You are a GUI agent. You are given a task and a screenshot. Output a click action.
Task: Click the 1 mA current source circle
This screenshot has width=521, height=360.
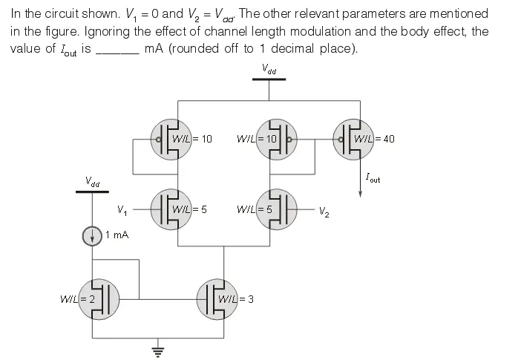91,237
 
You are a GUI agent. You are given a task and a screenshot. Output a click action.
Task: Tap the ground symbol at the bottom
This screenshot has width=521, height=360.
157,348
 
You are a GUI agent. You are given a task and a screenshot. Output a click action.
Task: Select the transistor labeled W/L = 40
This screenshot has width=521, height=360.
352,139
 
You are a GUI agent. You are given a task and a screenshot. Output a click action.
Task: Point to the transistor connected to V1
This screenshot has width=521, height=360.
171,209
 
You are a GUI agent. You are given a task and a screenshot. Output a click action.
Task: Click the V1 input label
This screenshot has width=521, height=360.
122,210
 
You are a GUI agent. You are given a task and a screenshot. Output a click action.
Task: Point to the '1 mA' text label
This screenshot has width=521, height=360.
117,235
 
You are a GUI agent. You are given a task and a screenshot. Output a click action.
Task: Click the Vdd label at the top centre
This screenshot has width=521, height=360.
269,69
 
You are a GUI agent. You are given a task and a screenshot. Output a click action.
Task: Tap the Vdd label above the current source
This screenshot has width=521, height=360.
93,181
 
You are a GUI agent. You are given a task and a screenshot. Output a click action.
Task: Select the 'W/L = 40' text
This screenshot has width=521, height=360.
375,139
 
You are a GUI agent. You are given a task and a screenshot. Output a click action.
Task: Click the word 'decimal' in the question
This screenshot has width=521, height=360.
301,49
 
